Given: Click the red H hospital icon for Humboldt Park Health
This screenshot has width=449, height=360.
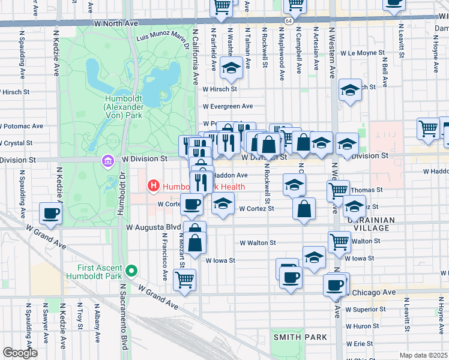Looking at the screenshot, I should [x=153, y=187].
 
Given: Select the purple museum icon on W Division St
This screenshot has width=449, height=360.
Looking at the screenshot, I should [x=107, y=161].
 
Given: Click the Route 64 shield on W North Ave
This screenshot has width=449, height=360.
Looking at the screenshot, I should [x=289, y=21].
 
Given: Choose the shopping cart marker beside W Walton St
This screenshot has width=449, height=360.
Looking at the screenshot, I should [x=339, y=241].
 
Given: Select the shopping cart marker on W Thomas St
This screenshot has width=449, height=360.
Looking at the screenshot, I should [x=338, y=190].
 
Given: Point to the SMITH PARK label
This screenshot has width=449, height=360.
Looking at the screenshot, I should [x=300, y=337].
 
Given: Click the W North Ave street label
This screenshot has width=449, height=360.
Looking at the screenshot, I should [x=116, y=23].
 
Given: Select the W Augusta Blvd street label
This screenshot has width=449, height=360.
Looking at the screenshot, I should [x=154, y=227].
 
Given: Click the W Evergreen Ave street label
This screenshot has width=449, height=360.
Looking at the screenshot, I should [x=228, y=106].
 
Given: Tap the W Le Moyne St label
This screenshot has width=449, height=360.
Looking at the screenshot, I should [x=362, y=53].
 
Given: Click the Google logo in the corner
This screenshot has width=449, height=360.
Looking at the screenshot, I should [x=20, y=352].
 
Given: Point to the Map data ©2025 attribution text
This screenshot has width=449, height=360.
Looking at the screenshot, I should [x=424, y=355].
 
